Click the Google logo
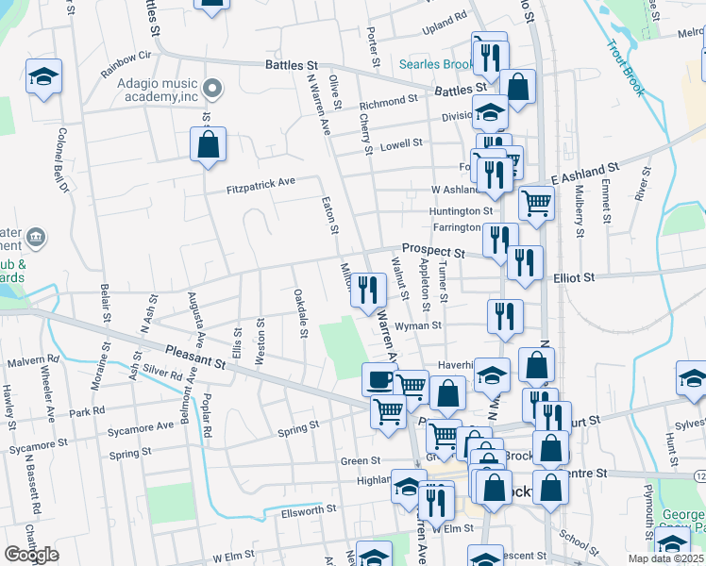click(x=31, y=556)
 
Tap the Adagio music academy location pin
click(x=213, y=92)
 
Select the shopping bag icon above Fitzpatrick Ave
click(x=208, y=146)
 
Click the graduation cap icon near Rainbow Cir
click(x=43, y=76)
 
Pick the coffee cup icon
click(x=378, y=380)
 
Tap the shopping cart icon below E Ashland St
click(x=536, y=201)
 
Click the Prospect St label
click(x=432, y=252)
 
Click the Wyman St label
click(x=423, y=326)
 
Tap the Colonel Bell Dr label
click(x=63, y=160)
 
